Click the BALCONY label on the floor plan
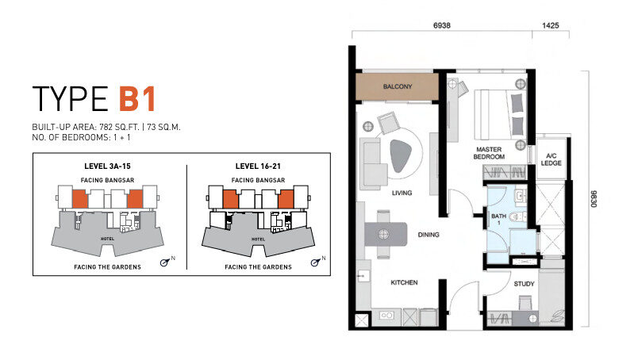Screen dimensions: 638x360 click(398, 86)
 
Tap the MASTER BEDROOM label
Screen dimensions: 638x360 click(489, 153)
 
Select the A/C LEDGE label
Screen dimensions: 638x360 click(551, 159)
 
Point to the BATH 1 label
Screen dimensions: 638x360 click(498, 219)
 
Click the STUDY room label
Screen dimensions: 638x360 click(524, 284)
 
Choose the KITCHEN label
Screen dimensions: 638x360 click(404, 282)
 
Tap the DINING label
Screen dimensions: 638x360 click(429, 235)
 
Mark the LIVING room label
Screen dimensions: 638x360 click(402, 193)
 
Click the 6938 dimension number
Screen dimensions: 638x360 click(441, 25)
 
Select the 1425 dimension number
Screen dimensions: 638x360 click(550, 25)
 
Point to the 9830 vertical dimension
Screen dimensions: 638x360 click(594, 199)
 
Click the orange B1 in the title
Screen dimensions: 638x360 click(137, 98)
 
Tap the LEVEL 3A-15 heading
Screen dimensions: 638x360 click(107, 166)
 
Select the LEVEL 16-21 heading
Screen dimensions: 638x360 click(258, 166)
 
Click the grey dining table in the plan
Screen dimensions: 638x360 click(386, 234)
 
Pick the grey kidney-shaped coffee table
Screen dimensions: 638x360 click(401, 156)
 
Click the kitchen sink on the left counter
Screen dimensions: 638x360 click(363, 276)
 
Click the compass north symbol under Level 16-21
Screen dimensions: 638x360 click(315, 262)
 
